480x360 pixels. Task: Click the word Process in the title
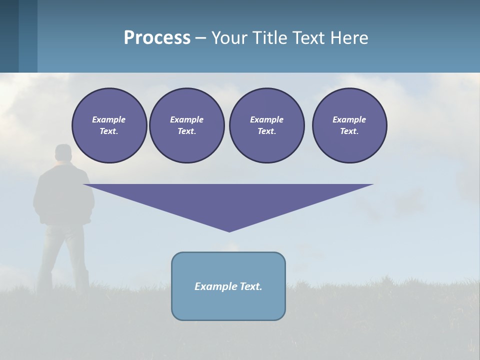[157, 38]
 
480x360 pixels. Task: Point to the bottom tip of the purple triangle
[229, 230]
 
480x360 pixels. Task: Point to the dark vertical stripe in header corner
[9, 36]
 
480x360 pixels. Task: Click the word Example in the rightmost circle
[349, 119]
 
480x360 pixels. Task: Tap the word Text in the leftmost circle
[108, 131]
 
